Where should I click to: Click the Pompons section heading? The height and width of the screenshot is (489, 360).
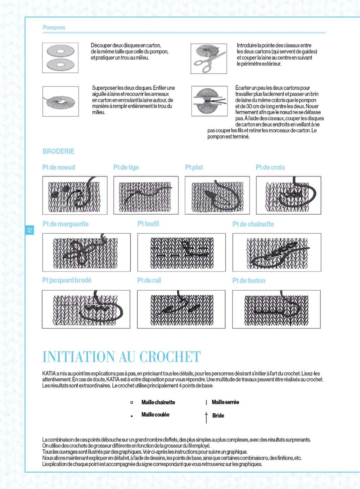[x=54, y=27]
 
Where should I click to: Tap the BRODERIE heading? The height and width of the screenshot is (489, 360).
[x=58, y=151]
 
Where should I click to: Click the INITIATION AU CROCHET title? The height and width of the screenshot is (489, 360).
[x=121, y=356]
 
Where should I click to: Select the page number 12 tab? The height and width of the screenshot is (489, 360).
[x=30, y=230]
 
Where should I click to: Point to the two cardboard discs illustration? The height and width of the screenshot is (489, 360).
[x=60, y=58]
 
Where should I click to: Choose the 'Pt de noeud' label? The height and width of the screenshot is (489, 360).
[x=59, y=167]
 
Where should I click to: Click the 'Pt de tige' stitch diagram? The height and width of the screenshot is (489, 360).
[x=146, y=196]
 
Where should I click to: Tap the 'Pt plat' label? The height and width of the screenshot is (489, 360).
[x=194, y=167]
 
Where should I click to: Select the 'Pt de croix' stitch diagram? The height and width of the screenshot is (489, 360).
[x=288, y=196]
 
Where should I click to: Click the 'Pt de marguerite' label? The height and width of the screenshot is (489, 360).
[x=65, y=224]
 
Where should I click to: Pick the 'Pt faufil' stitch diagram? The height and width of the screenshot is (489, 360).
[x=181, y=252]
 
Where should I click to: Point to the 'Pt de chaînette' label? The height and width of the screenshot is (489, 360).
[x=253, y=224]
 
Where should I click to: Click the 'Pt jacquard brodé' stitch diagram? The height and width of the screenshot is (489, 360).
[x=86, y=309]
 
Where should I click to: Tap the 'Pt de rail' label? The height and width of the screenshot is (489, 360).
[x=149, y=280]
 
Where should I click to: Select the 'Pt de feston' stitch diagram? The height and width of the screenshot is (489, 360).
[x=276, y=309]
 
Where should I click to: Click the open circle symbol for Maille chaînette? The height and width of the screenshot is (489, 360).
[x=132, y=402]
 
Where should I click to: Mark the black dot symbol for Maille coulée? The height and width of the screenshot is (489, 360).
[x=132, y=416]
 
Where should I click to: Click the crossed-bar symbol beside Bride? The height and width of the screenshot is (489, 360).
[x=206, y=417]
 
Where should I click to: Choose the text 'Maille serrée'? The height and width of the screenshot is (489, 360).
[x=225, y=402]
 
